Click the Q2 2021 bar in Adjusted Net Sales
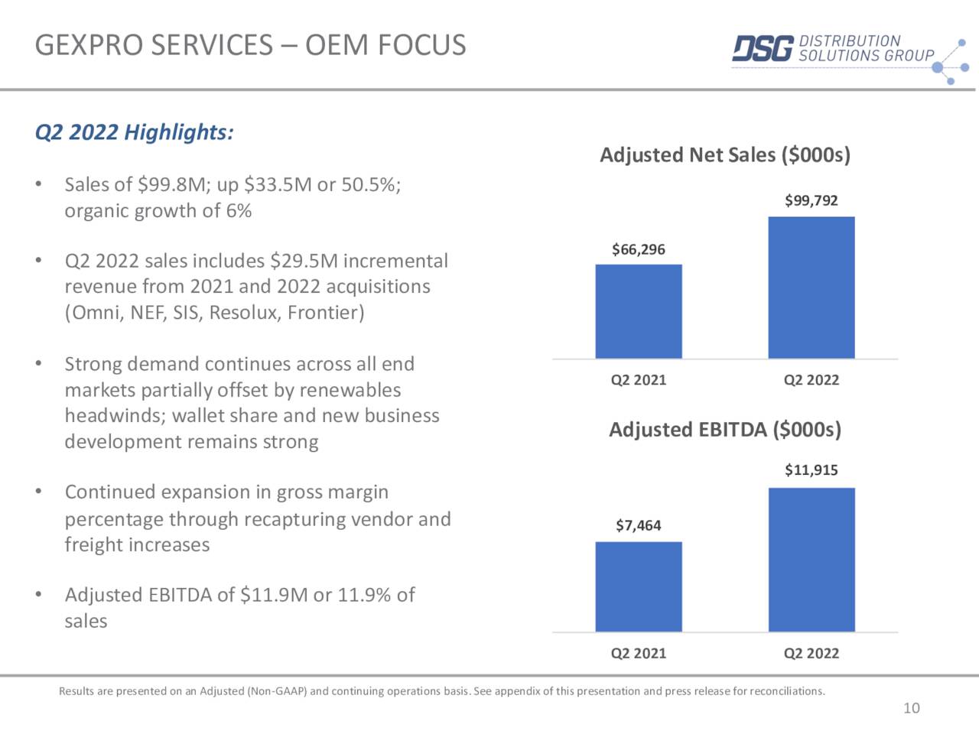coord(639,311)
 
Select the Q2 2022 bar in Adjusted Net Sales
coord(811,287)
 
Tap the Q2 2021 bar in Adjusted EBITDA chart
coord(639,586)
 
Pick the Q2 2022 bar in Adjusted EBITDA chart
coord(811,560)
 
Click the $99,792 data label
coord(811,200)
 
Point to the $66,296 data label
coord(639,249)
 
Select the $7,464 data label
coord(639,525)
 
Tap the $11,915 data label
coord(811,469)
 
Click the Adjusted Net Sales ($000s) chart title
coord(724,155)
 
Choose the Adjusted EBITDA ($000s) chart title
coord(724,430)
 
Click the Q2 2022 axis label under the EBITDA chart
coord(811,653)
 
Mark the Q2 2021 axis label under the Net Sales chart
coord(639,380)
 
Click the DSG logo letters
coord(763,49)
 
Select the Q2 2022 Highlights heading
coord(134,132)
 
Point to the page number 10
coord(912,708)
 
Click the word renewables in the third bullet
coord(350,390)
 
